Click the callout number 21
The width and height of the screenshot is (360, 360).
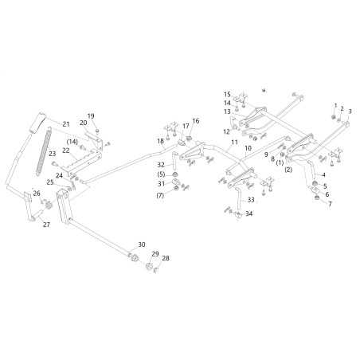(66, 124)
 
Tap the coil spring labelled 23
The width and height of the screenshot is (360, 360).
(44, 151)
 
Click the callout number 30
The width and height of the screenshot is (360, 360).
(142, 245)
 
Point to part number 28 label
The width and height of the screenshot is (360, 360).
(166, 258)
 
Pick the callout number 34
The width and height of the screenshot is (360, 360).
(248, 213)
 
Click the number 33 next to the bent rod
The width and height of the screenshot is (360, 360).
(251, 200)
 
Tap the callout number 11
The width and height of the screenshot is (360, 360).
(234, 143)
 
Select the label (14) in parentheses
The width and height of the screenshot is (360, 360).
(72, 142)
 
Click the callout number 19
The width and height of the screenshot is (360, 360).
(91, 116)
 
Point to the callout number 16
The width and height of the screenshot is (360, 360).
(196, 121)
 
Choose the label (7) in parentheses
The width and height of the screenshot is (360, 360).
(160, 195)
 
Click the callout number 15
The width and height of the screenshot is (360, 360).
(227, 94)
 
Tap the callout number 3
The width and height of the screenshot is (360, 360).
(350, 112)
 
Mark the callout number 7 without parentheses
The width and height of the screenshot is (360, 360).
(330, 204)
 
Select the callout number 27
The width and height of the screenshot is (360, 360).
(46, 225)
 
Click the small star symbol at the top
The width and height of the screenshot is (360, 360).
(264, 91)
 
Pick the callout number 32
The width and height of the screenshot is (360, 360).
(161, 165)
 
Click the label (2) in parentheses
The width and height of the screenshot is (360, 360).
(288, 170)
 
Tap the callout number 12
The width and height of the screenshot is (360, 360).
(226, 131)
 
